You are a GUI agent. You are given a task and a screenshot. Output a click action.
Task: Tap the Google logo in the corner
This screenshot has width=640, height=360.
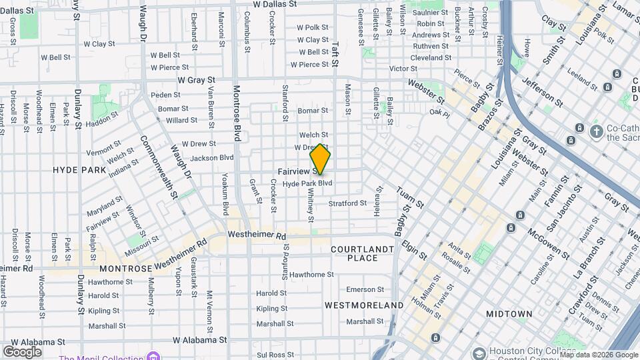pos(22,351)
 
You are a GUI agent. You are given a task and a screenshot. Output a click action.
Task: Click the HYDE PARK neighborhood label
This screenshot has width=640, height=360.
pos(79,170)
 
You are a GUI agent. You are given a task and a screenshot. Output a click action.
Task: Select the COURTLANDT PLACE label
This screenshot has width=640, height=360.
pos(363,253)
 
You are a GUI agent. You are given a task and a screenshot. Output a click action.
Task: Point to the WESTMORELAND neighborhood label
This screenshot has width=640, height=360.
pos(364,305)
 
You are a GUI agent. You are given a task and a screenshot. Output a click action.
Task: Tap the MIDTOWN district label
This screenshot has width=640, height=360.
pos(509,313)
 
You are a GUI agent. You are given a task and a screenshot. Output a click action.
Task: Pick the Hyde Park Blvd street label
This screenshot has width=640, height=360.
pos(307,183)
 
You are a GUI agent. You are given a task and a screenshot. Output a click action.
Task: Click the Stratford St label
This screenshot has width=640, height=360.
pos(347,203)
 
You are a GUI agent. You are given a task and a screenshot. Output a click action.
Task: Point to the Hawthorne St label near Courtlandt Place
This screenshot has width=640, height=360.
pos(311,274)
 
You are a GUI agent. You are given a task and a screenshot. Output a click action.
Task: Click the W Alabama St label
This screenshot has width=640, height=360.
pos(200,339)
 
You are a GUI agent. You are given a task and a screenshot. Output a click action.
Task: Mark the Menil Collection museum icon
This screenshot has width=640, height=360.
pos(154,355)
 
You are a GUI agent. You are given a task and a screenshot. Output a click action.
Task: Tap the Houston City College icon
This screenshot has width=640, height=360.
pos(478,352)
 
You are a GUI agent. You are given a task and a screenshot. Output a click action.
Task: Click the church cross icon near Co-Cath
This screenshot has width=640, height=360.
pos(596,130)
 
